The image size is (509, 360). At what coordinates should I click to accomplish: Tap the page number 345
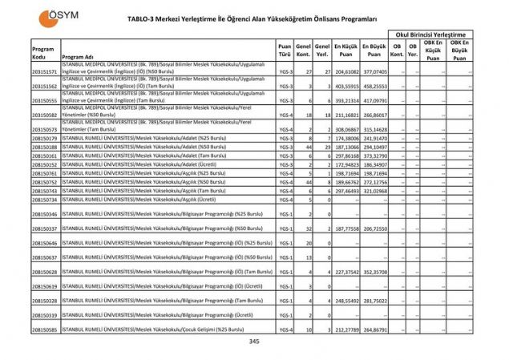254,342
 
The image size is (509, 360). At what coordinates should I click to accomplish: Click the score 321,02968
374,191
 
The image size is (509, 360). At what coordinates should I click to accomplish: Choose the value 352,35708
374,272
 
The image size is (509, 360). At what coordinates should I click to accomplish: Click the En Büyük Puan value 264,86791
374,330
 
